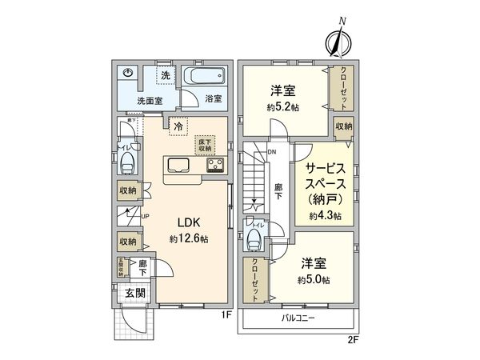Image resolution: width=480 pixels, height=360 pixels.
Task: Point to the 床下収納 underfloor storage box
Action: click(206, 145)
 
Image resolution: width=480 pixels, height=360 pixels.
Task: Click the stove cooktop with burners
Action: click(215, 166)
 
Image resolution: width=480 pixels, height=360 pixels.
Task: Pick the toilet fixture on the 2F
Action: click(257, 239)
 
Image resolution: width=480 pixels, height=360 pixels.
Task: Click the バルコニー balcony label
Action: click(298, 318)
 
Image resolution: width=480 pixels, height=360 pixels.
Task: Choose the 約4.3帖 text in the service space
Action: click(325, 217)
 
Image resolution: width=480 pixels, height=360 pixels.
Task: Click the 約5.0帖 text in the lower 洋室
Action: click(311, 279)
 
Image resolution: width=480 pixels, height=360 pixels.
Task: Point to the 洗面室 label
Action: click(127, 101)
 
